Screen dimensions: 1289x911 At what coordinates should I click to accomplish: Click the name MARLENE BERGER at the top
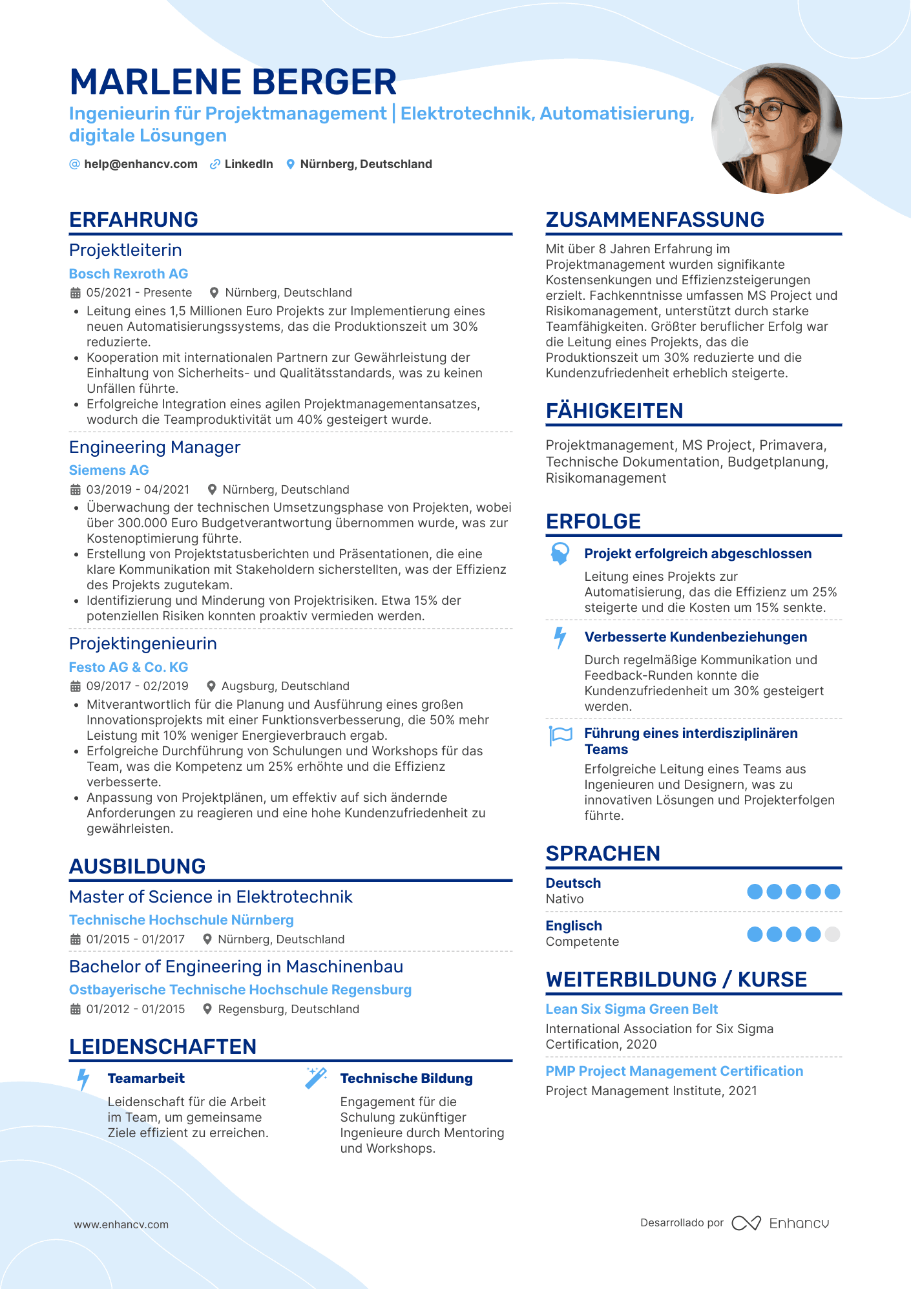233,83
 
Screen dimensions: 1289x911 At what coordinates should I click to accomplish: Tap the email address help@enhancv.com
140,164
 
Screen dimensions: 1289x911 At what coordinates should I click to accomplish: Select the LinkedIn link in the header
248,164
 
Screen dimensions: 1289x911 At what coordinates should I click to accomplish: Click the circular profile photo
776,129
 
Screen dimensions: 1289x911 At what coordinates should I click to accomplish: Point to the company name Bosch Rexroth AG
129,274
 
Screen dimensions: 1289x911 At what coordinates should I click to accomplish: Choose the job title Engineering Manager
154,447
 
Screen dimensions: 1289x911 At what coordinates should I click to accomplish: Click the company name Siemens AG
109,470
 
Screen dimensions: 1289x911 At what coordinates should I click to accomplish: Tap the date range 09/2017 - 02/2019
137,686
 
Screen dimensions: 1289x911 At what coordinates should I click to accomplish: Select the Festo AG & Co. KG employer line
129,667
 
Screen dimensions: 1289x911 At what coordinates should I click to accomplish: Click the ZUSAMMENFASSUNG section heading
654,220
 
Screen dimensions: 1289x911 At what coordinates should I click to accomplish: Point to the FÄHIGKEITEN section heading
614,411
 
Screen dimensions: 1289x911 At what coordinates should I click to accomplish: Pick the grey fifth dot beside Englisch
833,934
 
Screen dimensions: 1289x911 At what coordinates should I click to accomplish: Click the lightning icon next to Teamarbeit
83,1080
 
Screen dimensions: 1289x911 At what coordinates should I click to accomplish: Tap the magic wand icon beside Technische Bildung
316,1078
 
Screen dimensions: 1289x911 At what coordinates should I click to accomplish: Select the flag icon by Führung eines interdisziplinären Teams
560,735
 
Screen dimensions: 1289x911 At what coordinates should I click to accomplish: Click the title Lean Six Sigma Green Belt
631,1009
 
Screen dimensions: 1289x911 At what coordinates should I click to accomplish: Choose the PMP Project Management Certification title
674,1071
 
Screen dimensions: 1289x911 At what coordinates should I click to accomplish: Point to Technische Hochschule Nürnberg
181,920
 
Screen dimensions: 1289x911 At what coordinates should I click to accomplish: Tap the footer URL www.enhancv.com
121,1224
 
